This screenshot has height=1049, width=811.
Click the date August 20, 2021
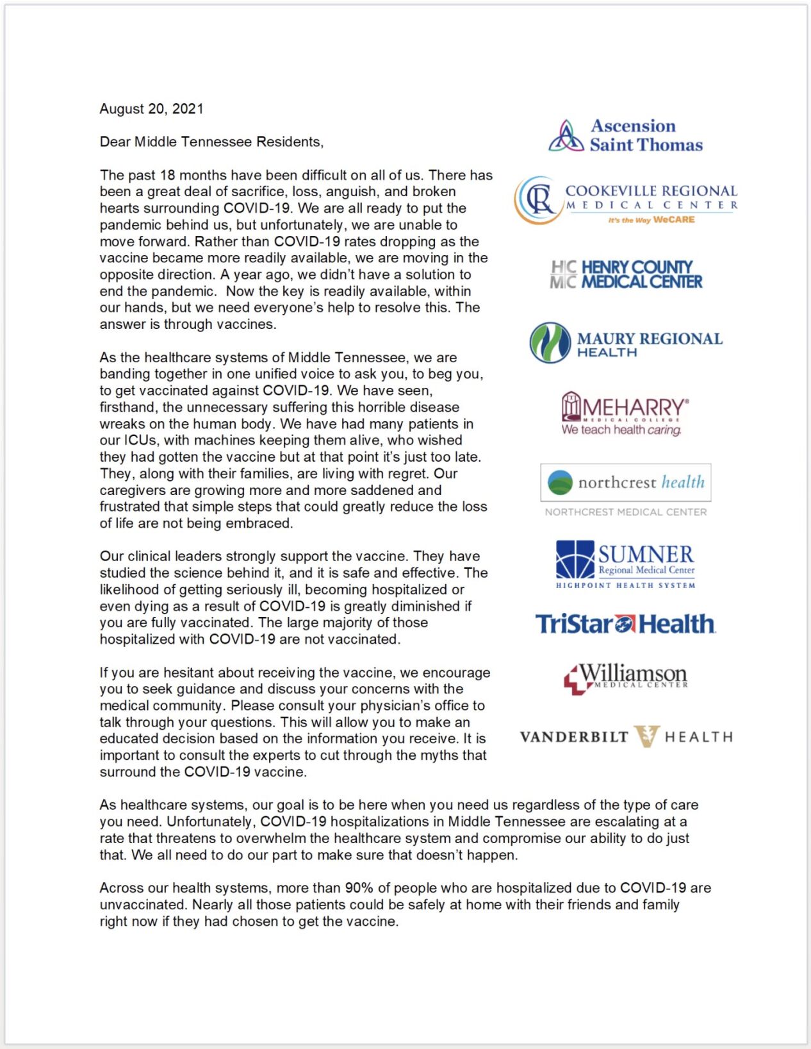pos(151,109)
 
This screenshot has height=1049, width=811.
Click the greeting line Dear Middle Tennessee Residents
pos(211,142)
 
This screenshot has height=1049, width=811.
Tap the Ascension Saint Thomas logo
pos(626,135)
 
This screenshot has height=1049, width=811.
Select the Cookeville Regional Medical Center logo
pos(626,201)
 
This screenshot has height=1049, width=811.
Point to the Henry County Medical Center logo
pos(626,274)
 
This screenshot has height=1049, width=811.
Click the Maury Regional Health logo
pos(626,343)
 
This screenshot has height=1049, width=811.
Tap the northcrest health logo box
pos(626,482)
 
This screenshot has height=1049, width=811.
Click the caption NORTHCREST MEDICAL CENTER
pos(626,512)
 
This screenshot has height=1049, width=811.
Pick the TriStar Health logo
pos(625,624)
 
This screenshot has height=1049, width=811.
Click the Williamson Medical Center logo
pos(626,678)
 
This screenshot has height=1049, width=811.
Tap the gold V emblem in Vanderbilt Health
pos(646,736)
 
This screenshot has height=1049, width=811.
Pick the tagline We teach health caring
pos(621,430)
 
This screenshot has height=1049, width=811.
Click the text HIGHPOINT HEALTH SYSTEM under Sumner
pos(625,585)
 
